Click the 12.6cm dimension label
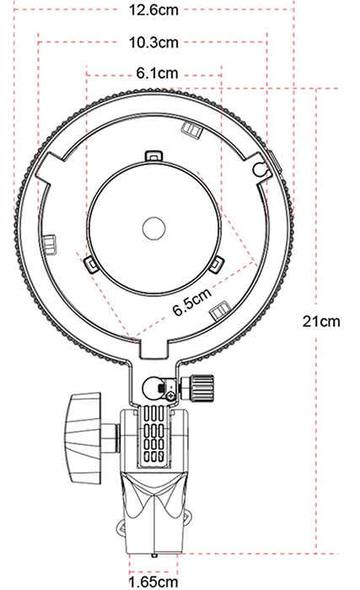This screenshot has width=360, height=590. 153,12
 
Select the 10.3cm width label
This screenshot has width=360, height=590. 153,42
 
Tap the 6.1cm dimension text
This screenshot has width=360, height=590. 155,74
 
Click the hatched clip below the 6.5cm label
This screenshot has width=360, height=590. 219,308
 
